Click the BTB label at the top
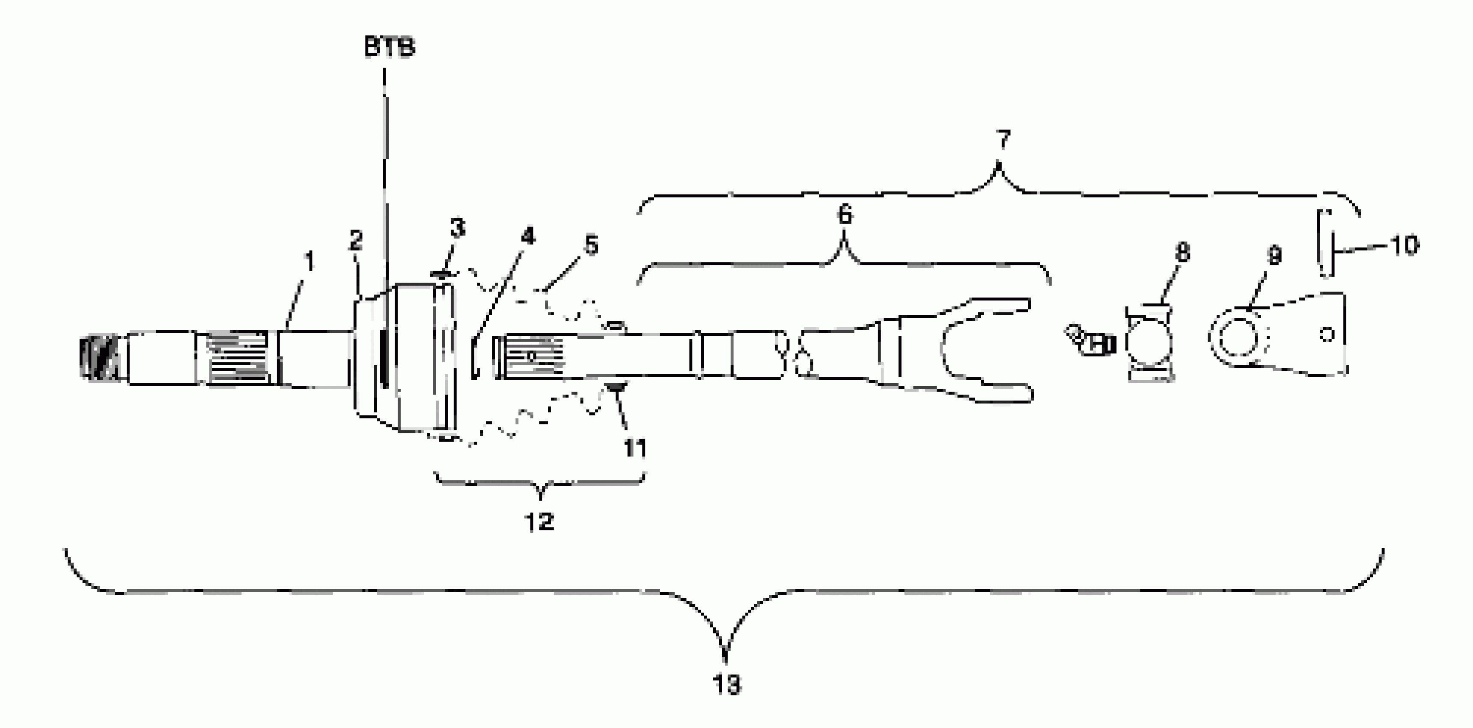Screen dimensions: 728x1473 [390, 48]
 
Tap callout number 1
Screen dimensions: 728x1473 [309, 262]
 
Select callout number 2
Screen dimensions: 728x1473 [356, 240]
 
